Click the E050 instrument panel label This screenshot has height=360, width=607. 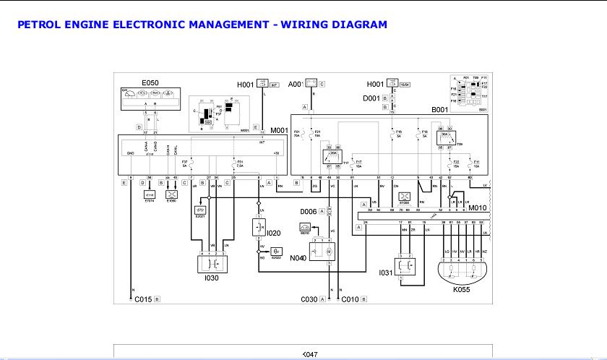pos(150,83)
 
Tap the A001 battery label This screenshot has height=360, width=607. pos(295,84)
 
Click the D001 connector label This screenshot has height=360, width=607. pos(371,98)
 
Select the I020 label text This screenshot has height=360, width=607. pos(274,233)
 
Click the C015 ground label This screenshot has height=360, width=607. pos(142,299)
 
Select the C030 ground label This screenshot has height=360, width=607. pos(311,299)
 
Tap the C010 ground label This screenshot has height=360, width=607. pos(350,299)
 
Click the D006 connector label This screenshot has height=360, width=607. pos(309,210)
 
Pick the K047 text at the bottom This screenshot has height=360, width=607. pos(309,354)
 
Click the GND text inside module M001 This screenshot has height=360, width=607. pos(131,154)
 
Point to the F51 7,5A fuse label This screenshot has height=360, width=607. pos(240,163)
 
